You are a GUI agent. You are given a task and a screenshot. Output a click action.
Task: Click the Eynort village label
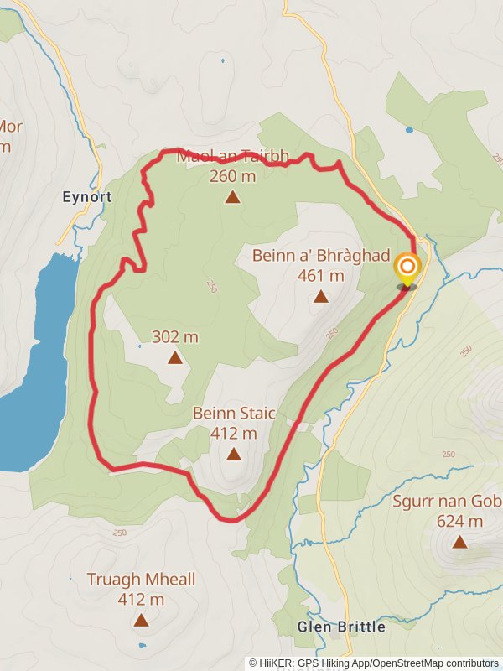87,197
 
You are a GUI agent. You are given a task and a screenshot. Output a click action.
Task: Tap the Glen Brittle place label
341,627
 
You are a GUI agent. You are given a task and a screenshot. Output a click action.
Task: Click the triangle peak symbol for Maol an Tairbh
232,198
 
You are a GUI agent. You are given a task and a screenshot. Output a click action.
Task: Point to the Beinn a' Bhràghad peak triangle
320,296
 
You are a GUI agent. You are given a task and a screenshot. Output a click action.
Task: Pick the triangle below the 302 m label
174,358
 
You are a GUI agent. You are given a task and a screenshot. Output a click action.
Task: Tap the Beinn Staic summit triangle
233,455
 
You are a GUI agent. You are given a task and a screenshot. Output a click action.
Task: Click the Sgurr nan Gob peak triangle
459,542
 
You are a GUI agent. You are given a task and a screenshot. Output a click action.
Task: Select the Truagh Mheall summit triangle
141,621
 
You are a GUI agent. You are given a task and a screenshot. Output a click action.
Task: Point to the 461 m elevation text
320,275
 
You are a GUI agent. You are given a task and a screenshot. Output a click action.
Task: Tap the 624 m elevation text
459,521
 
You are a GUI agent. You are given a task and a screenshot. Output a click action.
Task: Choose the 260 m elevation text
232,176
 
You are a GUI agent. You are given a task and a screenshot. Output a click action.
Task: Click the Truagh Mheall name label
141,579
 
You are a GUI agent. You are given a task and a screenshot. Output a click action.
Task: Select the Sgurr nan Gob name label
448,502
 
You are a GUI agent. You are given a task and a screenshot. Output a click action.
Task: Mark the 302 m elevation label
174,337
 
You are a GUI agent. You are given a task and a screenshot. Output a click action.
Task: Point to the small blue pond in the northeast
409,130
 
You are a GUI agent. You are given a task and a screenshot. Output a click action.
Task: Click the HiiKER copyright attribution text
374,663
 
